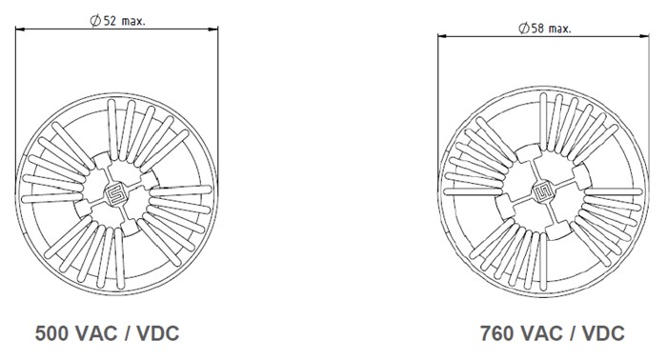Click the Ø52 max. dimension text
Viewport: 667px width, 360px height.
(118, 20)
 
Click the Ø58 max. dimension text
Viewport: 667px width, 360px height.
(544, 29)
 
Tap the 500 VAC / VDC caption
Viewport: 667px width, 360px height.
(107, 334)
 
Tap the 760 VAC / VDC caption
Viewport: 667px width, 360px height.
(553, 333)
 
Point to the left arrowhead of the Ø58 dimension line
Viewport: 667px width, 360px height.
(441, 36)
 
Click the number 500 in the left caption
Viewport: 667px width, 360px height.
(52, 334)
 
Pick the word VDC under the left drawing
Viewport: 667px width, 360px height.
(156, 334)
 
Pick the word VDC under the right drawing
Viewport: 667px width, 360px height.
(602, 333)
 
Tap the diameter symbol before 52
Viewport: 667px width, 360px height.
(96, 20)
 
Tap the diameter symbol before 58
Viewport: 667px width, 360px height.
(523, 29)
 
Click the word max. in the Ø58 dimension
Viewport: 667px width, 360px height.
(559, 29)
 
